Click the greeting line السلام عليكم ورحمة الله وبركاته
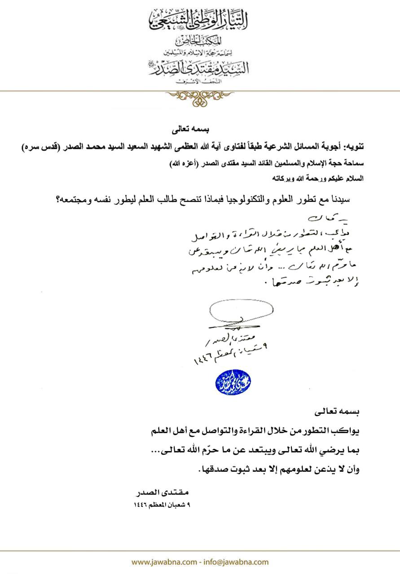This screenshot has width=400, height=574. pyautogui.click(x=319, y=178)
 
